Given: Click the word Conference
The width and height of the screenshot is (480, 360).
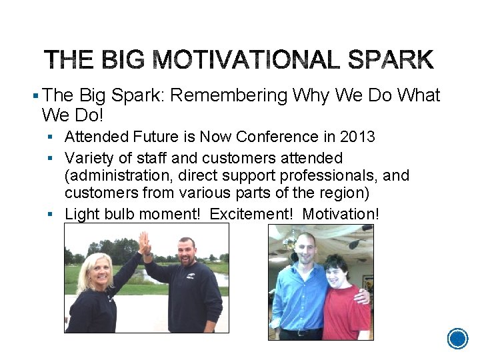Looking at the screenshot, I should pos(277,137).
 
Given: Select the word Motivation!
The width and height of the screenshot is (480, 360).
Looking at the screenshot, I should pos(341,214).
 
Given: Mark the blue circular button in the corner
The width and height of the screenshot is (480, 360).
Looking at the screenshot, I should pos(458,339).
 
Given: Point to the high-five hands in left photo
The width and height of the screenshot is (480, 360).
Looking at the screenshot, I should pos(144,243).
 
